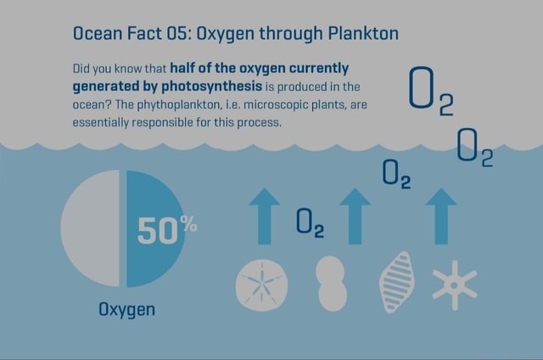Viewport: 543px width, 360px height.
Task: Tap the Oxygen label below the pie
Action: coord(127,309)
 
